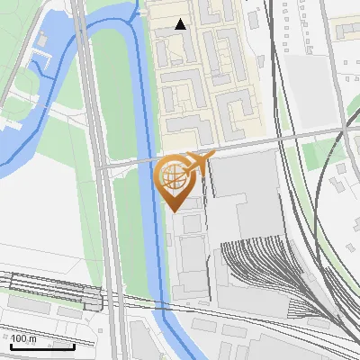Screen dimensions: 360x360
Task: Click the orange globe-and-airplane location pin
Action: pyautogui.click(x=177, y=180)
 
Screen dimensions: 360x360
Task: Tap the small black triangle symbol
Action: pyautogui.click(x=181, y=24)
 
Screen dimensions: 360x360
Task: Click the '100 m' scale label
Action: pyautogui.click(x=24, y=339)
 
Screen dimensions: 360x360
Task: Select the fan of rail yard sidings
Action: pyautogui.click(x=261, y=270)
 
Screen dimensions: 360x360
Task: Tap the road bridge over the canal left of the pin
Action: pyautogui.click(x=143, y=162)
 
